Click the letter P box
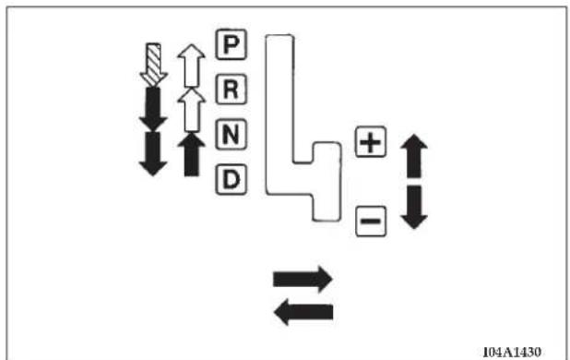(232, 44)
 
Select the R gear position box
(232, 90)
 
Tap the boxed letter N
(232, 135)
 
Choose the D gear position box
(232, 180)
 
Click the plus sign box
(371, 142)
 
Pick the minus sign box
(371, 222)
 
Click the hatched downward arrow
(153, 65)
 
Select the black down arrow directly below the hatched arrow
(153, 109)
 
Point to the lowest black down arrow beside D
(153, 154)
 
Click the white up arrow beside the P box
(191, 66)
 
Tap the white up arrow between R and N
(191, 110)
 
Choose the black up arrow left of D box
(191, 154)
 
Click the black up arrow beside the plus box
(414, 156)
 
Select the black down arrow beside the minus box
(414, 208)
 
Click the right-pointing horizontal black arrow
(303, 279)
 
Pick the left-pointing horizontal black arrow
(303, 312)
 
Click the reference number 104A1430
(512, 352)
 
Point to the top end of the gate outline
(279, 35)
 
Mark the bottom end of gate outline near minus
(327, 221)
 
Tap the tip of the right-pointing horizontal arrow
(332, 279)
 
